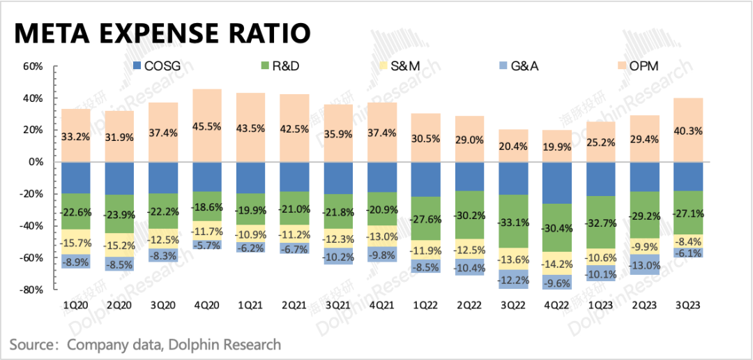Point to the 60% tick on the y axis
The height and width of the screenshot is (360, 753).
pyautogui.click(x=33, y=67)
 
